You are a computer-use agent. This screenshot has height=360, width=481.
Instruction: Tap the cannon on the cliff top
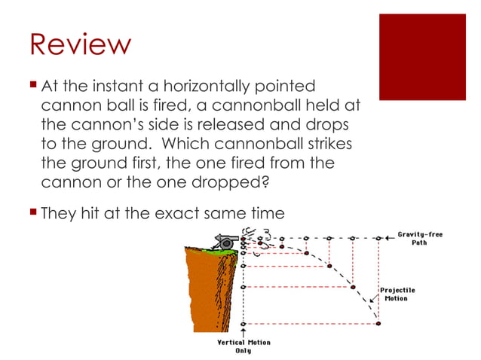coord(223,241)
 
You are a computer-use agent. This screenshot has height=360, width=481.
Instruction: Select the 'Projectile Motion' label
coord(397,294)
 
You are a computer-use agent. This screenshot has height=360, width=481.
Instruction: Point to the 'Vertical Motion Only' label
coord(243,346)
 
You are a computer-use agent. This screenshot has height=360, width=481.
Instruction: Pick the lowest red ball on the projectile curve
coord(378,324)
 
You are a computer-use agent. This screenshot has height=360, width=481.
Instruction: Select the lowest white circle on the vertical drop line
coord(243,324)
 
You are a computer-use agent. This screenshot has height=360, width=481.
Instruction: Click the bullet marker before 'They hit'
coord(33,213)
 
